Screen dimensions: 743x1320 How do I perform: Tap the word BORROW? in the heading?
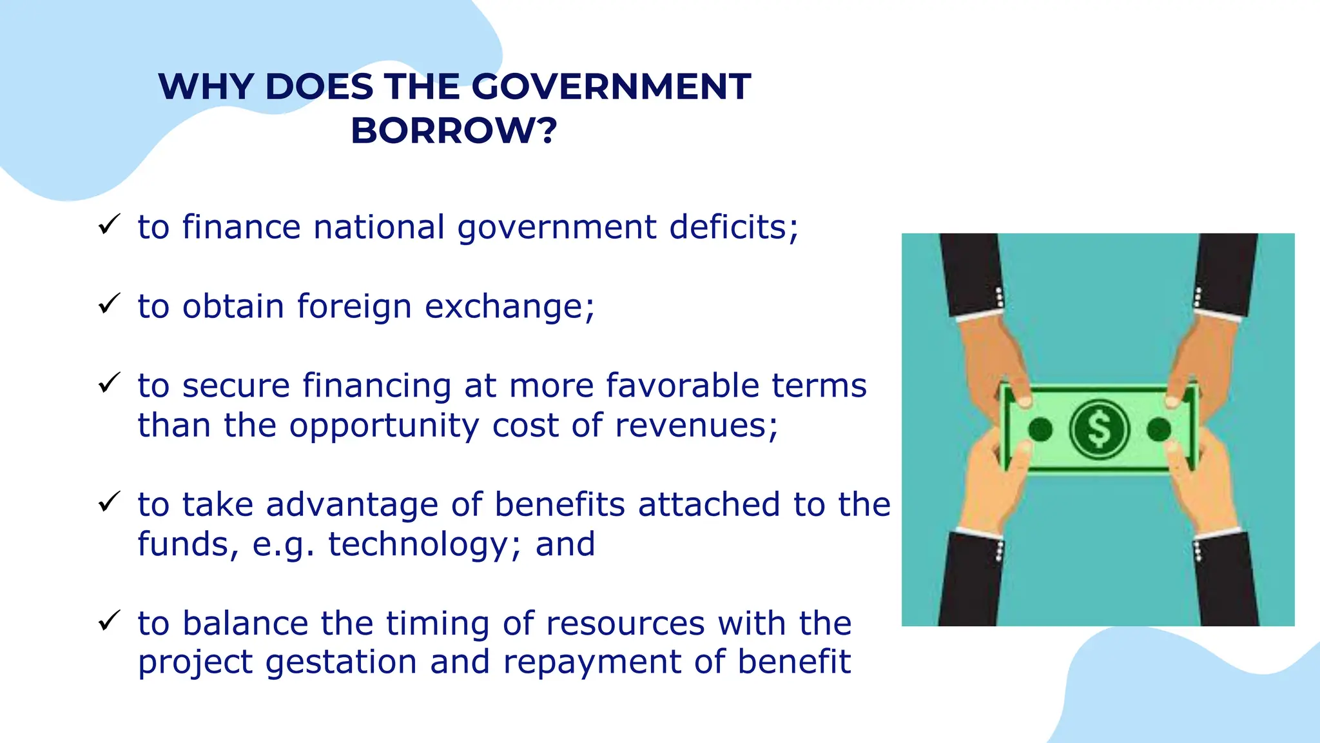tap(454, 131)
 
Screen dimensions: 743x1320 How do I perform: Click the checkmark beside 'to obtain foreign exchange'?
tap(109, 304)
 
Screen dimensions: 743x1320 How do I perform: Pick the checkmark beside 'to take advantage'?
tap(109, 502)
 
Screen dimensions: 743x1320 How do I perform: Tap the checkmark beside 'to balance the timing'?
tap(109, 621)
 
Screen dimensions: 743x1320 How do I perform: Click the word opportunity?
tap(384, 426)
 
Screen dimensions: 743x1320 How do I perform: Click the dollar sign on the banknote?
tap(1099, 430)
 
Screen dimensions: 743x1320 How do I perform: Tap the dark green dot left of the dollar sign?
tap(1040, 430)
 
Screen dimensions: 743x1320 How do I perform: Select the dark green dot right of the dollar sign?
tap(1159, 430)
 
